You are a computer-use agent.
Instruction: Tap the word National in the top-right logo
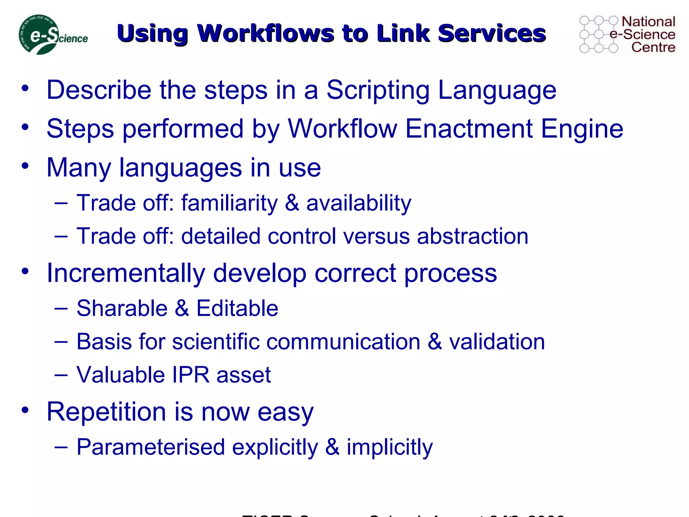point(648,22)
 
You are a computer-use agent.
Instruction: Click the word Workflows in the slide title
point(265,34)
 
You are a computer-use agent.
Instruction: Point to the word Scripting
point(378,90)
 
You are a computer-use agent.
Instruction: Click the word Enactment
point(469,129)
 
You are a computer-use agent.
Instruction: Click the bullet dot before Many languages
point(25,166)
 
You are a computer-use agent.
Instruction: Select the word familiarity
point(229,203)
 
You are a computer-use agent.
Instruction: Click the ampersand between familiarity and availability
point(292,203)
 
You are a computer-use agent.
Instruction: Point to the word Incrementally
point(125,273)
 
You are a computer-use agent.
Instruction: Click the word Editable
point(237,308)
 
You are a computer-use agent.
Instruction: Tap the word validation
point(497,342)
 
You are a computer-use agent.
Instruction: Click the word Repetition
point(106,412)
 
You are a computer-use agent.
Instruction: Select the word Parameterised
point(151,447)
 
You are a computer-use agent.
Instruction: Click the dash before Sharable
point(61,308)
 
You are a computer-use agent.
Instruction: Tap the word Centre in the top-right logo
point(653,47)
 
